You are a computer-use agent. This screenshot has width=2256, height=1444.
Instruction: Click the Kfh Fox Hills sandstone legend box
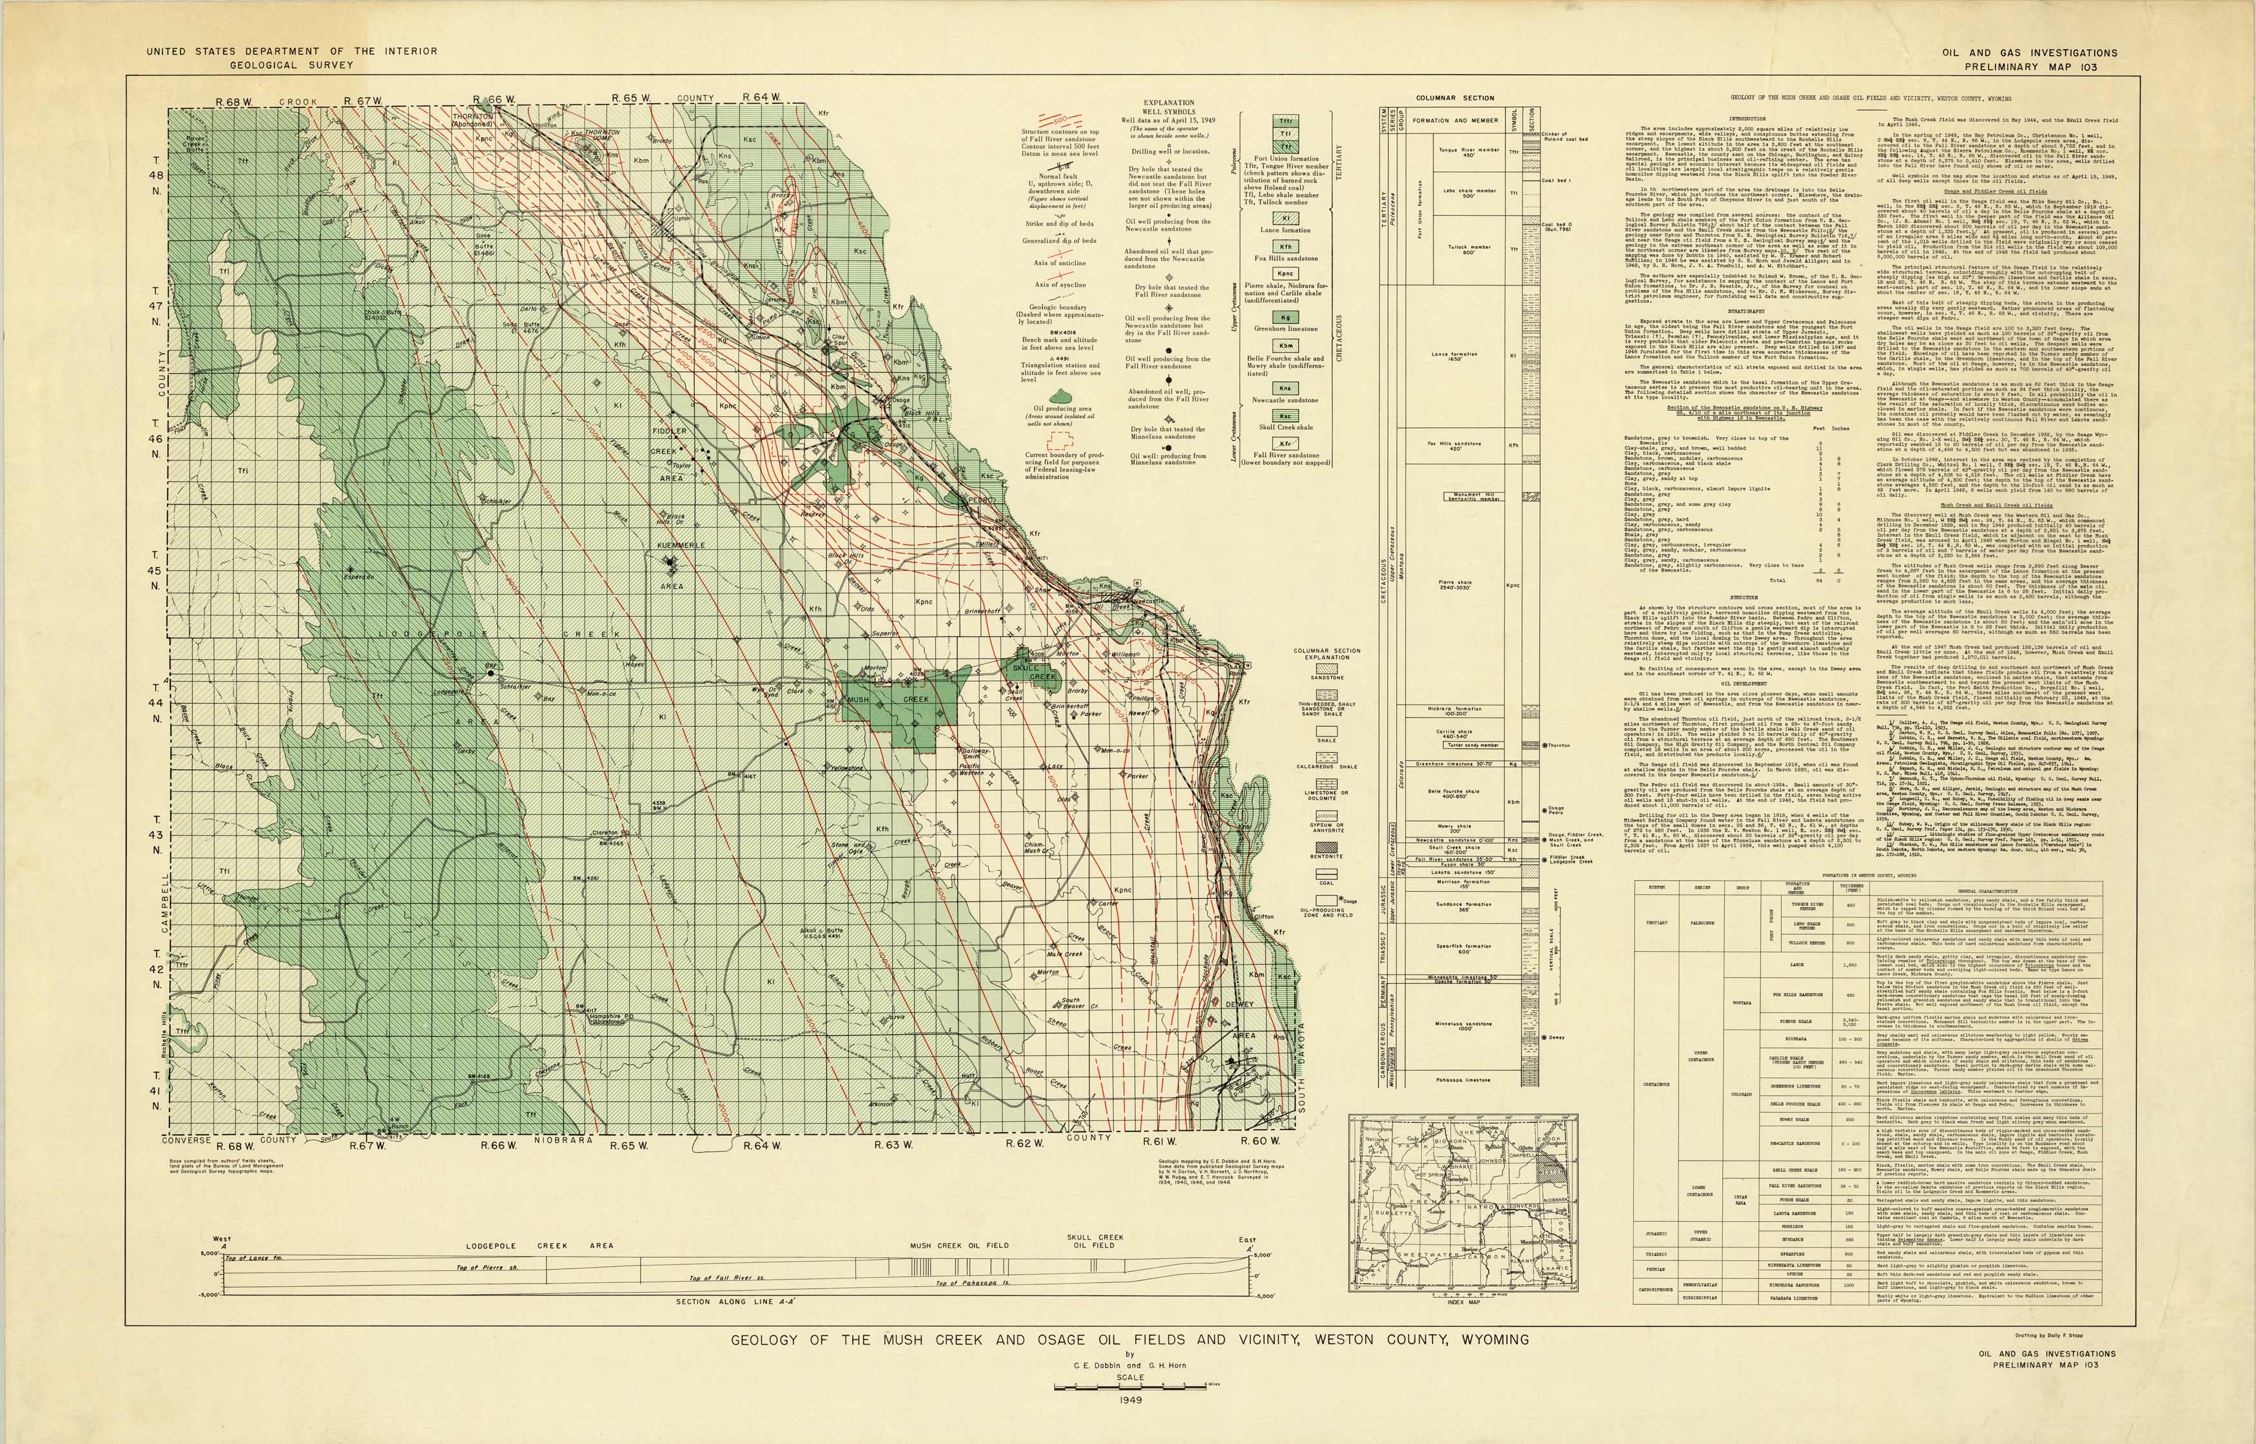coord(1286,247)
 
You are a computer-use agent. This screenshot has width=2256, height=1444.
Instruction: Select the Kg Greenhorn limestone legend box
coord(1286,317)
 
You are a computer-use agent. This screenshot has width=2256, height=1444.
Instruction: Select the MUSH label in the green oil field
coord(857,700)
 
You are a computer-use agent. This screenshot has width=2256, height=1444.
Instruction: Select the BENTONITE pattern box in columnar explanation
coord(1327,846)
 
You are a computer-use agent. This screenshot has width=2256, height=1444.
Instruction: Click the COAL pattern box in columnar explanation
coord(1327,872)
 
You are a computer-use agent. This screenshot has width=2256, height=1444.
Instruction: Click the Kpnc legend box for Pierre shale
coord(1286,274)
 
